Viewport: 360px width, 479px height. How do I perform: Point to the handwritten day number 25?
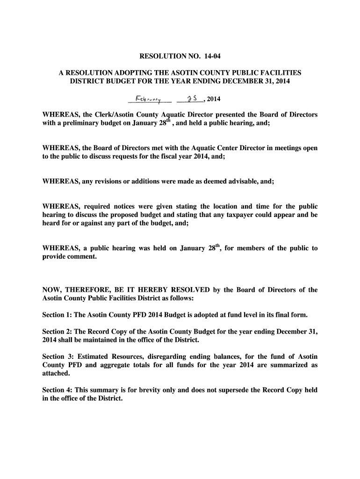190,99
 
